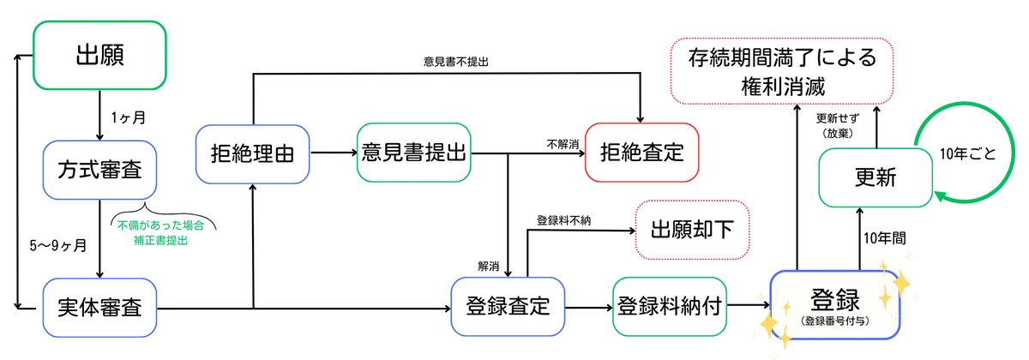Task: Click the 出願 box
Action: click(x=100, y=55)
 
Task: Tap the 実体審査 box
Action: click(x=100, y=305)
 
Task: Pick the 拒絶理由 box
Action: click(x=253, y=155)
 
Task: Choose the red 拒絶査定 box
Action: click(x=642, y=153)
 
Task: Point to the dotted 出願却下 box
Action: click(x=692, y=230)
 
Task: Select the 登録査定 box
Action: click(x=508, y=305)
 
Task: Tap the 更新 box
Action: click(x=876, y=177)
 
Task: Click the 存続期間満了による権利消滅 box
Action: click(x=782, y=71)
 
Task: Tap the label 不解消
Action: click(x=563, y=144)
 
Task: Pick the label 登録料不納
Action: click(x=564, y=220)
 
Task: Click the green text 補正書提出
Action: click(x=161, y=242)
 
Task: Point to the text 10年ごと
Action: click(x=968, y=154)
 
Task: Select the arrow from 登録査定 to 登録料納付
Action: click(x=589, y=306)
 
